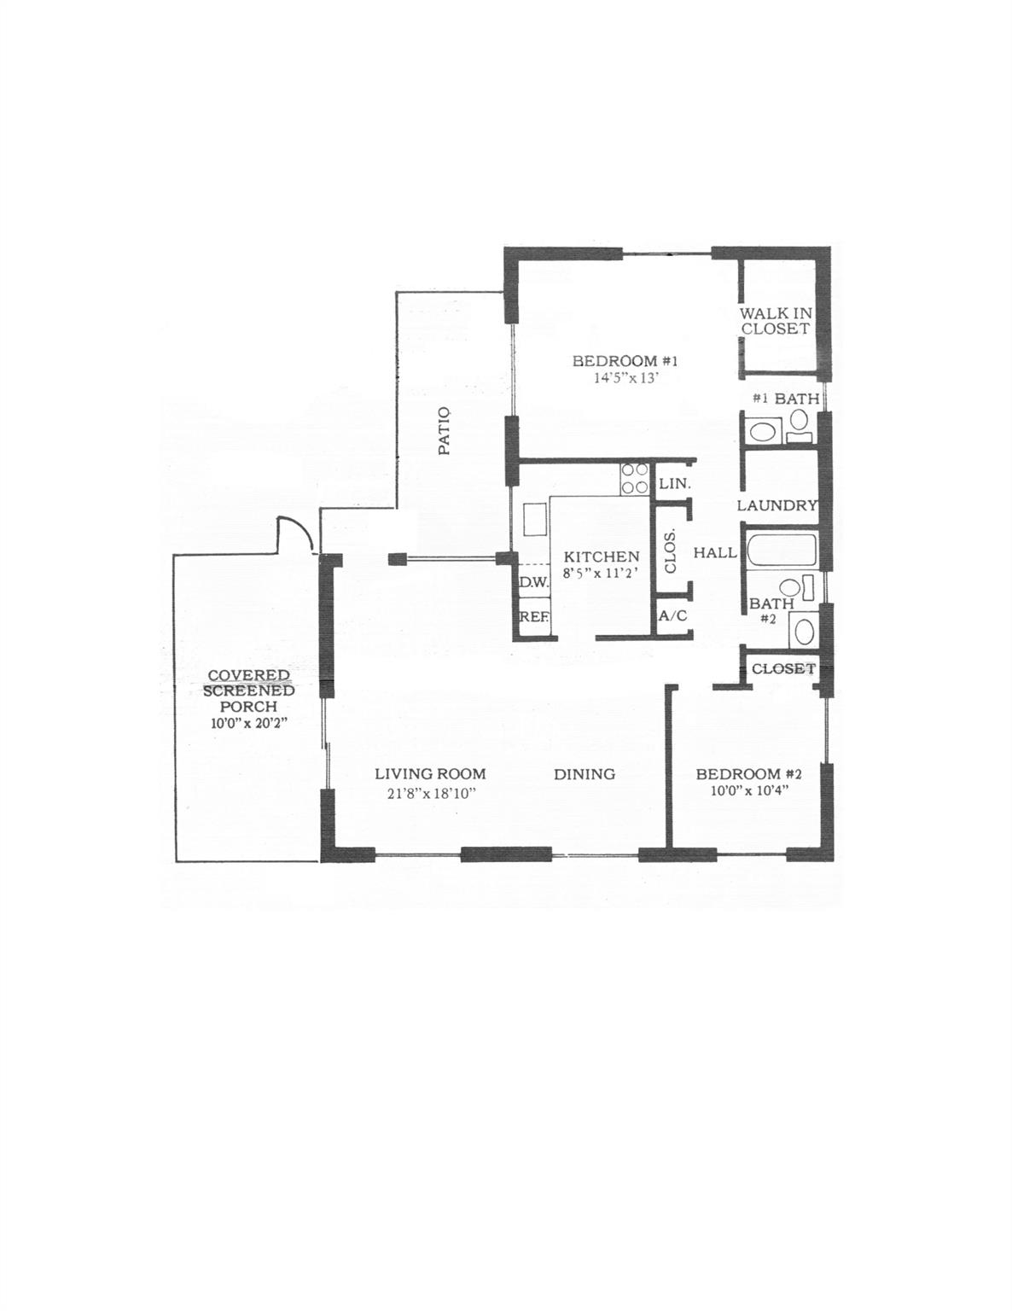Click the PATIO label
coord(445,431)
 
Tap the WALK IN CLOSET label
coord(775,321)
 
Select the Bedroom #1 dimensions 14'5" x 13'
coord(625,379)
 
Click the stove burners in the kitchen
coord(635,479)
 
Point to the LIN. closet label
coord(674,483)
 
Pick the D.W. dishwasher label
coord(533,582)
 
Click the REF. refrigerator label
coord(532,617)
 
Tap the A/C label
coord(672,616)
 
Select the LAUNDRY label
coord(777,505)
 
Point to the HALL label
coord(715,552)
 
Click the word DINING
coord(585,774)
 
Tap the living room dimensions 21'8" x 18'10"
coord(432,794)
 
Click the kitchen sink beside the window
coord(535,519)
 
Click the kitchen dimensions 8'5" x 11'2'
coord(601,574)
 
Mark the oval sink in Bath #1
coord(762,432)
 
